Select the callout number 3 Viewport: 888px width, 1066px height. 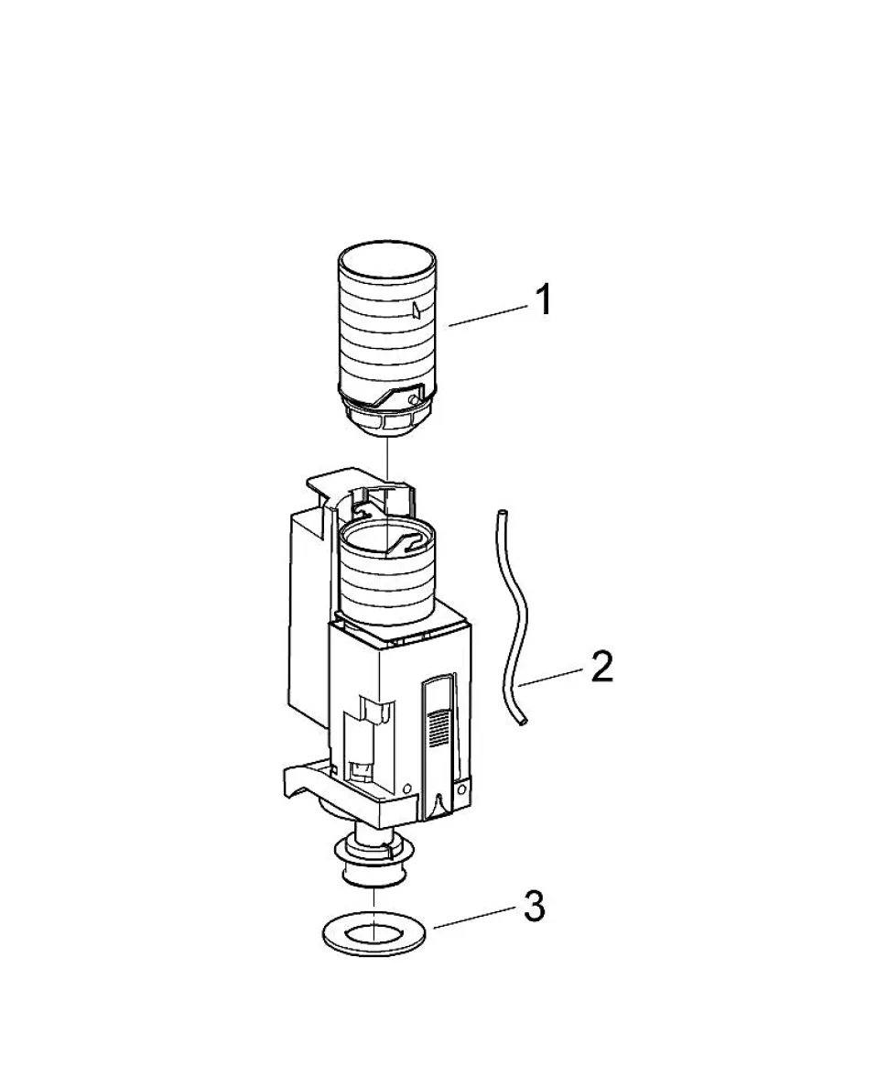point(535,907)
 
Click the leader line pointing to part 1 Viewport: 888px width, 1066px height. point(488,316)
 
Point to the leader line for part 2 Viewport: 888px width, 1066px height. point(549,678)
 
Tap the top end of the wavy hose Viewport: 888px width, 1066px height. point(502,512)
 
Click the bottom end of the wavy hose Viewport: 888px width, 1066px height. point(522,724)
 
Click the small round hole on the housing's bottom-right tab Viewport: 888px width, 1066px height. point(462,789)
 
